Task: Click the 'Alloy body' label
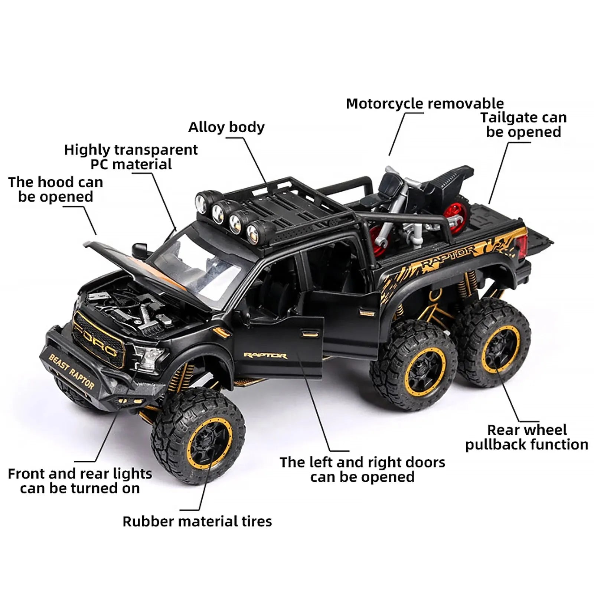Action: [226, 127]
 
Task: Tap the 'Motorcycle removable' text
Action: [425, 104]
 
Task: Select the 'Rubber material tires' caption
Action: [197, 522]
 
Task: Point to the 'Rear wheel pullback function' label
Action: [527, 437]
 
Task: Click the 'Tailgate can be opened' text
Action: [523, 125]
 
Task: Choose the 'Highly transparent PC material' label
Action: [131, 157]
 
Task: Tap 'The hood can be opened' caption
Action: [56, 189]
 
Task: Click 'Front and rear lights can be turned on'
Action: [80, 481]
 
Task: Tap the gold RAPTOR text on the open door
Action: [265, 356]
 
